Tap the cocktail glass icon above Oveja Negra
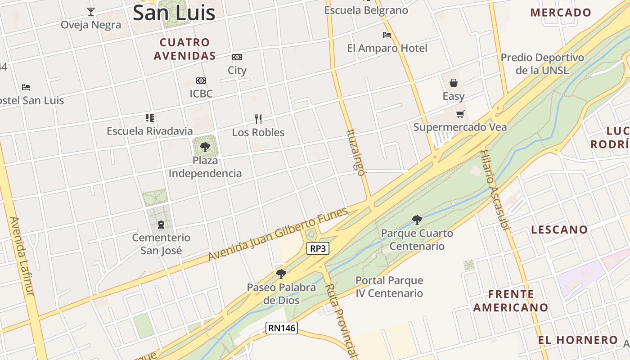91,11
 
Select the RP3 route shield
318,248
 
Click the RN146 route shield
282,328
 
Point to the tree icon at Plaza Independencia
205,147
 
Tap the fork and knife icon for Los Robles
258,119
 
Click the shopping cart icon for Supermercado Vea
460,114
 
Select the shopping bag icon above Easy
454,83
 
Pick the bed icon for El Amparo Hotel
387,35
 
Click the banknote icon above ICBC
201,81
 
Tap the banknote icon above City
237,57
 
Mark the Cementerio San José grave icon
161,224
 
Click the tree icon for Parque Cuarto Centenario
417,220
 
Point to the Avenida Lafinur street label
22,256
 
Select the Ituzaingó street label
355,153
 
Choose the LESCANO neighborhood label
559,229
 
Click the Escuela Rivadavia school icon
150,118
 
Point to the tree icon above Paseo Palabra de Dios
281,274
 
